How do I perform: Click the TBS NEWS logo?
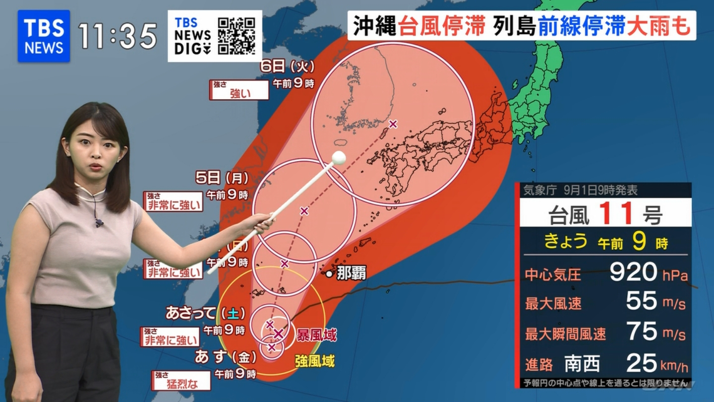tap(44, 36)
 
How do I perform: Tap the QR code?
tap(237, 36)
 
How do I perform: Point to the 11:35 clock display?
tap(118, 36)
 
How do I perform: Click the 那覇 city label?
tap(351, 273)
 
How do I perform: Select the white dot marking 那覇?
tap(329, 273)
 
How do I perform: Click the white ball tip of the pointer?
tap(339, 157)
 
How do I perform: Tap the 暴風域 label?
tap(316, 335)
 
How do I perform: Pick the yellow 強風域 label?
tap(314, 361)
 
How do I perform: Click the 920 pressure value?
tap(633, 272)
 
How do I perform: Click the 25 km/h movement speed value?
tap(642, 363)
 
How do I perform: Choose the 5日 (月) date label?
tap(222, 178)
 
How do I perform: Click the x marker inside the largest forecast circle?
tap(393, 124)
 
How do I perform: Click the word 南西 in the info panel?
tap(582, 365)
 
